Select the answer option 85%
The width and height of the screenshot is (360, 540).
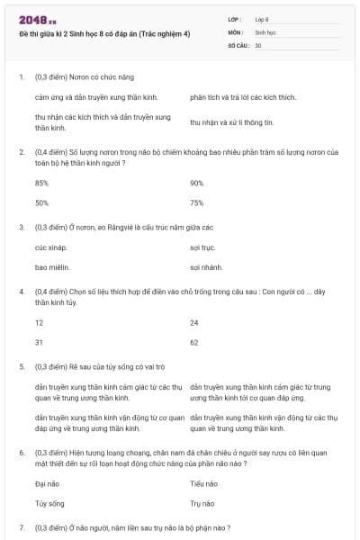41,183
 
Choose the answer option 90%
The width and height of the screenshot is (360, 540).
197,183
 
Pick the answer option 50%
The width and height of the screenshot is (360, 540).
41,202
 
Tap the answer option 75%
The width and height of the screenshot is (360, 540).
197,202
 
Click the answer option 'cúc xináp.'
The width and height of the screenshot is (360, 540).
52,247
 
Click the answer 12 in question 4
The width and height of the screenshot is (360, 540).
39,322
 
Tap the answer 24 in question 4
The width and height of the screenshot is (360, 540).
194,322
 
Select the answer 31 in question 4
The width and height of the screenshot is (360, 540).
39,342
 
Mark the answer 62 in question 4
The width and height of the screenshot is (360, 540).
194,342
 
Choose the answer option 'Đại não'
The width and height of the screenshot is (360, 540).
47,483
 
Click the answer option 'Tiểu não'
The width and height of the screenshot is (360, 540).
204,483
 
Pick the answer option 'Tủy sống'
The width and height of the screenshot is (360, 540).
49,503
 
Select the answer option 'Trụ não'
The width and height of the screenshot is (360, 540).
202,503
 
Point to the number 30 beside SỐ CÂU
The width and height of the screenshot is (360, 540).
258,44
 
